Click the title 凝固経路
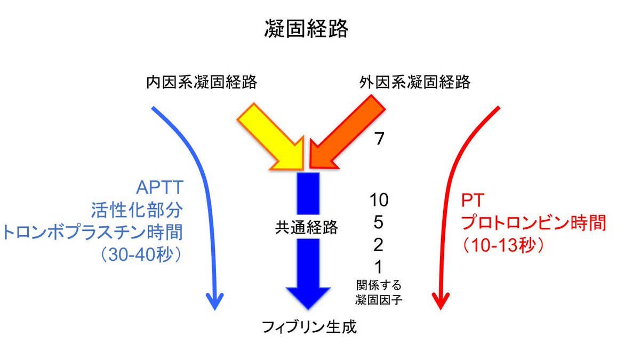click(306, 29)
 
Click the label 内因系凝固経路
click(202, 83)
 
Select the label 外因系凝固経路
click(414, 83)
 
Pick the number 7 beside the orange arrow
click(379, 139)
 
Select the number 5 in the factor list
click(379, 222)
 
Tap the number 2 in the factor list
click(379, 245)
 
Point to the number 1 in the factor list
click(379, 267)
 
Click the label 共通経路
click(306, 227)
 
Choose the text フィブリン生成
click(309, 326)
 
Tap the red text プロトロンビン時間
click(534, 222)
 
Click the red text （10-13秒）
click(502, 246)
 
